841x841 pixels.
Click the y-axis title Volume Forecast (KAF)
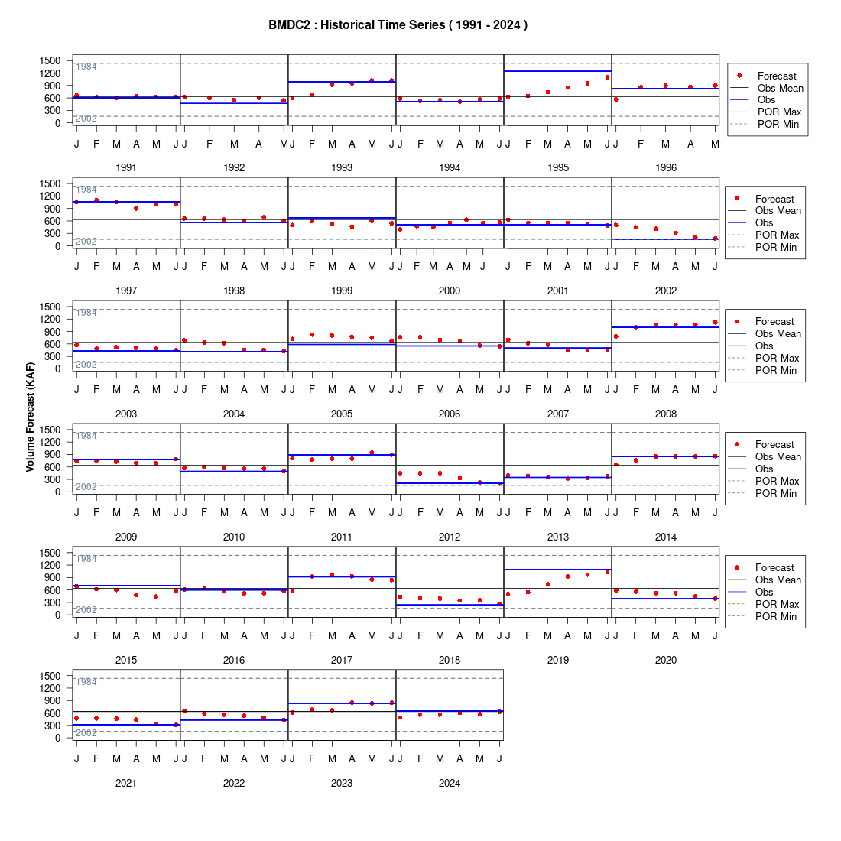[x=30, y=417]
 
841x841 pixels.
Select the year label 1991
[x=126, y=168]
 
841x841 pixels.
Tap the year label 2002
[x=666, y=291]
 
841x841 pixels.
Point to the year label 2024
[x=450, y=783]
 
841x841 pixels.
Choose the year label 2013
[x=558, y=537]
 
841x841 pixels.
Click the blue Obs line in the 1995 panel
[x=558, y=71]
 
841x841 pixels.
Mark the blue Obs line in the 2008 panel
[x=666, y=327]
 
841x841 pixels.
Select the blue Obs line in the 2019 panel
[x=558, y=570]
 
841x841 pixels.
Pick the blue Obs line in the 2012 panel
[x=450, y=483]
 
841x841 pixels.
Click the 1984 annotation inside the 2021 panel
[x=86, y=682]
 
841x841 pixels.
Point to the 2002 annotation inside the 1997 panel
[x=86, y=242]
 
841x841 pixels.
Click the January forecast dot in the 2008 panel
[x=615, y=336]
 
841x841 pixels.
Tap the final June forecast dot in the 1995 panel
[x=607, y=77]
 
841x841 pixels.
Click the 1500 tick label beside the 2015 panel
[x=50, y=553]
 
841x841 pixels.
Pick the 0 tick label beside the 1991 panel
[x=58, y=123]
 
